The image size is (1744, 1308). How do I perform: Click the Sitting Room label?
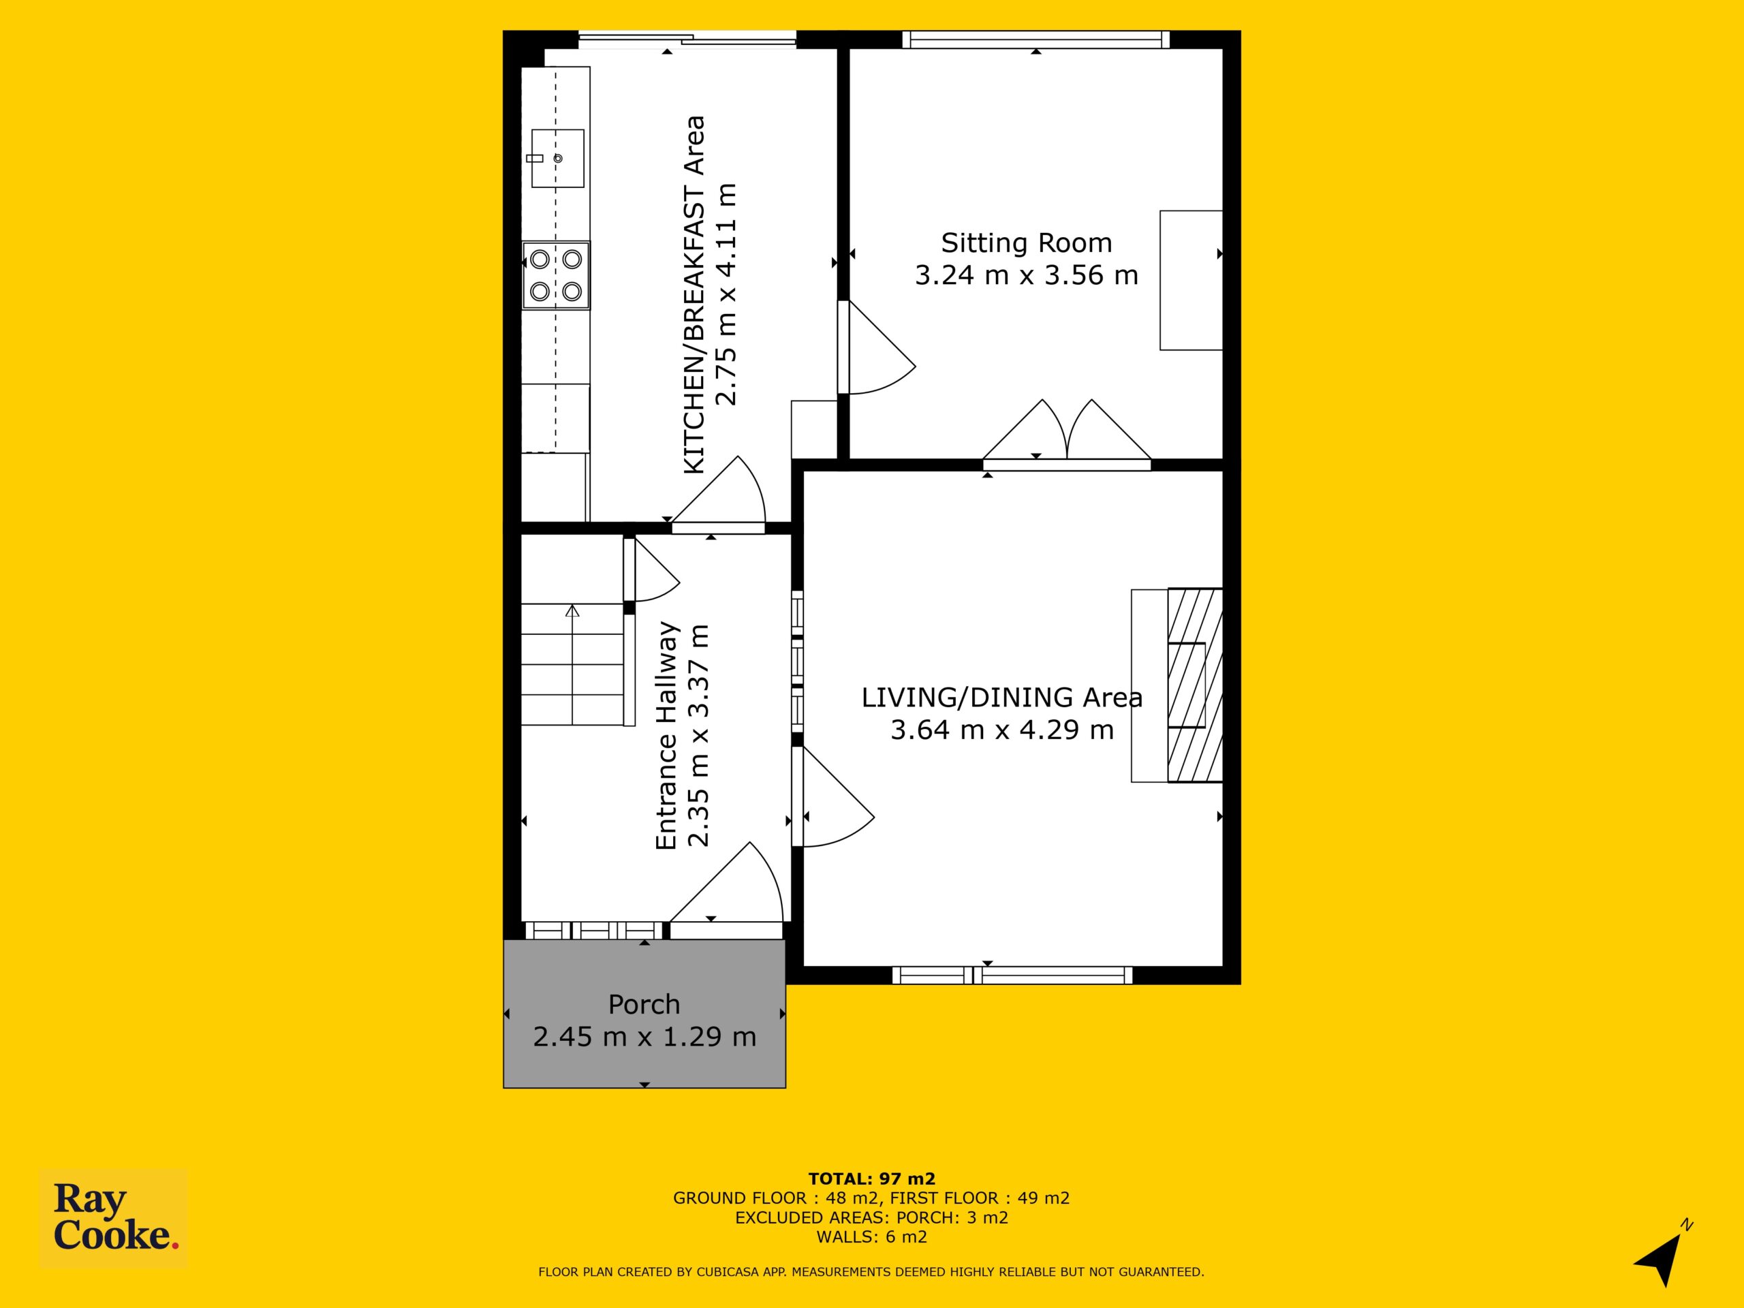coord(1027,243)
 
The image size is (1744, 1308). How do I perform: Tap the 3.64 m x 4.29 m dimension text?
coord(1002,730)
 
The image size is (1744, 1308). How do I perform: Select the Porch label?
coord(644,1004)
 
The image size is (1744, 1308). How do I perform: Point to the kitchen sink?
coord(557,159)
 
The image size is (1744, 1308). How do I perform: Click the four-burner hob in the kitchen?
coord(556,275)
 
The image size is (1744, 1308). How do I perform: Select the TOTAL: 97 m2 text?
coord(871,1179)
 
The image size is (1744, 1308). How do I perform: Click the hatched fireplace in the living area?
coord(1194,685)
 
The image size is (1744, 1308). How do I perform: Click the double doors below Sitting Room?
coord(1067,433)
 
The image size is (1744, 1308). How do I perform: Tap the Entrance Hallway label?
coord(667,736)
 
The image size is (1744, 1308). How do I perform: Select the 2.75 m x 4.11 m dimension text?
coord(726,294)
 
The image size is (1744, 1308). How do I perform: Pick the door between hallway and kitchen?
coord(717,493)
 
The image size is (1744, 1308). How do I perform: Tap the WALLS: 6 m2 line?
coord(871,1237)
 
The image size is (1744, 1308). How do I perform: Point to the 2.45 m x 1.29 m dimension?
coord(644,1037)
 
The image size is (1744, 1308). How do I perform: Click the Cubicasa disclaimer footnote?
coord(871,1272)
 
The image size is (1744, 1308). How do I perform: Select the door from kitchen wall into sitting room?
coord(875,347)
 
